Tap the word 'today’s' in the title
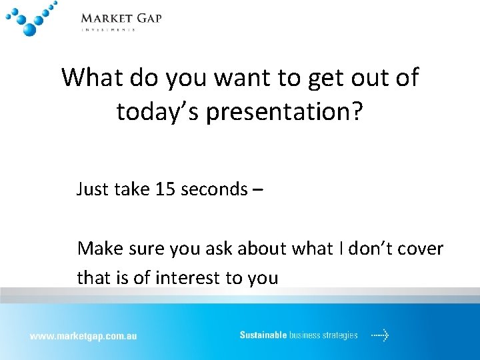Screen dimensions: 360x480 (157, 112)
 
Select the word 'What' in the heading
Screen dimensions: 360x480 (91, 77)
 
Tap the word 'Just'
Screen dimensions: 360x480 (93, 189)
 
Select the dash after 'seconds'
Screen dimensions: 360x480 (258, 190)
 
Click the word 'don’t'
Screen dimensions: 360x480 (367, 249)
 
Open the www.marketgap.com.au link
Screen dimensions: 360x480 (83, 336)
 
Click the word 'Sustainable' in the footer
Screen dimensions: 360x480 (263, 335)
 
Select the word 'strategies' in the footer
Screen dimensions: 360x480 (339, 335)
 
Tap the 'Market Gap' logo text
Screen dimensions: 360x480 (121, 18)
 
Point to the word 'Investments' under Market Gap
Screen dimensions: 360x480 (108, 29)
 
